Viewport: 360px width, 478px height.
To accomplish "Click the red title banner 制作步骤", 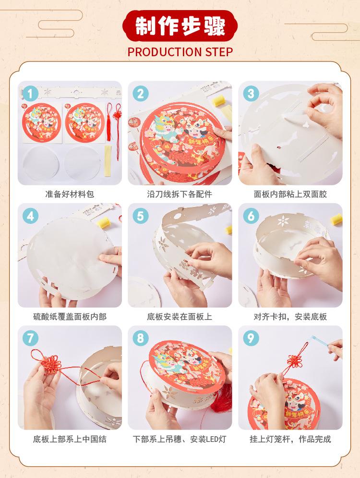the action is (x=180, y=26).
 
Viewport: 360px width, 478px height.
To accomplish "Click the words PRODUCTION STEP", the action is (x=180, y=52).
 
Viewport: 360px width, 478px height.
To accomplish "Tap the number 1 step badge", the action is (x=30, y=94).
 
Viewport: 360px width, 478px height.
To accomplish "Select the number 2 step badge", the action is (x=141, y=94).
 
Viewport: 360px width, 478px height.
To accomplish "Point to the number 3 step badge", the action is (x=251, y=94).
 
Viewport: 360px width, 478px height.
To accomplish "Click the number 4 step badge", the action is (x=30, y=216).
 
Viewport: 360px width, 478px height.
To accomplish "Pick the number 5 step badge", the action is (x=141, y=216).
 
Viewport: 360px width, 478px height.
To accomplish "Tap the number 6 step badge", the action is (x=251, y=216).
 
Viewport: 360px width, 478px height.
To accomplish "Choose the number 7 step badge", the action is (x=30, y=338).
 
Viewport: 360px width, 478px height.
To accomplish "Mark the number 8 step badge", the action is (x=141, y=338).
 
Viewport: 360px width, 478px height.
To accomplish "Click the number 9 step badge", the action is (x=251, y=338).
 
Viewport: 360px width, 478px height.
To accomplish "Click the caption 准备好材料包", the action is (x=70, y=194).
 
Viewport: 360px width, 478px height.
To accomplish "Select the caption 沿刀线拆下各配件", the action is (x=180, y=194).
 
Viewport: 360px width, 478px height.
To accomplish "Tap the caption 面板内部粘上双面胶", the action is (x=290, y=194).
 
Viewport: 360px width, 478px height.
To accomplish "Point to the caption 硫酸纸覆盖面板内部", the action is (x=70, y=317).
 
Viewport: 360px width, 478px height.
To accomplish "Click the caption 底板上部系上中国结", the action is (x=70, y=439).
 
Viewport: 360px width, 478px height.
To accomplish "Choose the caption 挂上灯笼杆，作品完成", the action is (x=290, y=439).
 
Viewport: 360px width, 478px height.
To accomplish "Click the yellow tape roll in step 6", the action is (x=336, y=220).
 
